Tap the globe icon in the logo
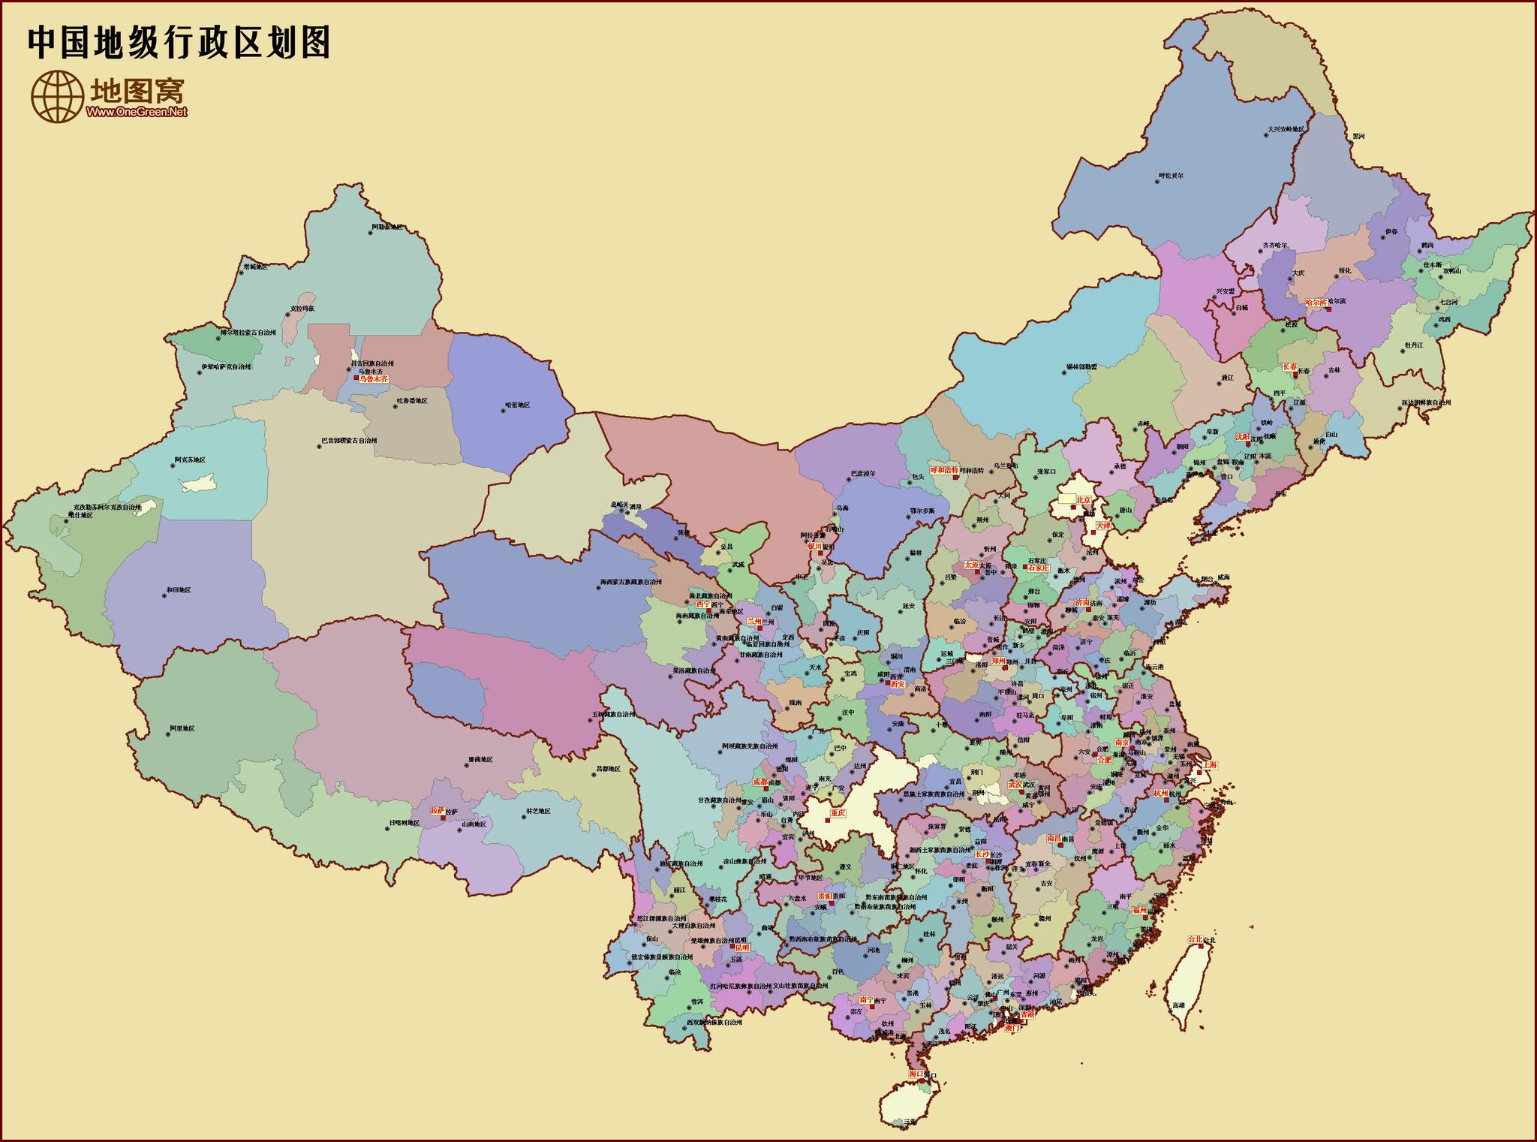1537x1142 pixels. [x=57, y=96]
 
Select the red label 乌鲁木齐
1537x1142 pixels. [x=373, y=379]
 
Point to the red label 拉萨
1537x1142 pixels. [x=437, y=811]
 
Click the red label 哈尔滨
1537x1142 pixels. [x=1316, y=302]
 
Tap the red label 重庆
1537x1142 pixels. [x=838, y=812]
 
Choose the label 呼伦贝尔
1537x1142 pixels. [x=1171, y=176]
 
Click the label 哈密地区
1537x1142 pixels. [x=517, y=405]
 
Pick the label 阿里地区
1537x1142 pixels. [x=182, y=728]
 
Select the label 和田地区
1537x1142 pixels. [x=179, y=590]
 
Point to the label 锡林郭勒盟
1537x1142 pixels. [x=1081, y=367]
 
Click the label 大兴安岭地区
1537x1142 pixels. [x=1286, y=129]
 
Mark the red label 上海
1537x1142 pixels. [x=1210, y=764]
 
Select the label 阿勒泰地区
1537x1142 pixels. [x=387, y=227]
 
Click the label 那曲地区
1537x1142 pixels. [x=480, y=759]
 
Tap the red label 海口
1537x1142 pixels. [x=916, y=1074]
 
